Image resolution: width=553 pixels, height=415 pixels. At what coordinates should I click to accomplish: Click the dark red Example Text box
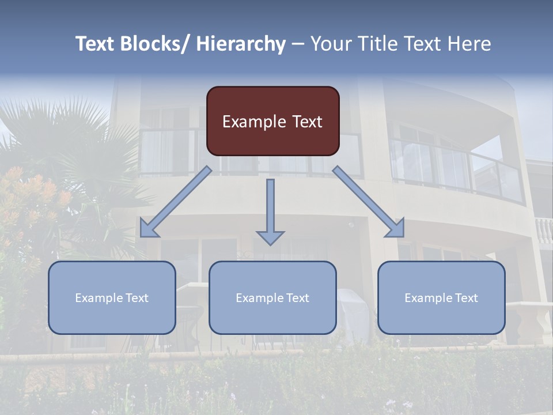pos(272,121)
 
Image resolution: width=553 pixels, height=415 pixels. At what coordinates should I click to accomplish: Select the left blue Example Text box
pos(112,297)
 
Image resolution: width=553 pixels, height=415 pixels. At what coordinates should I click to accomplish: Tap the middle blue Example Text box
pos(272,297)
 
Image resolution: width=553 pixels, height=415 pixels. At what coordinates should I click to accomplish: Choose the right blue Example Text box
pos(441,297)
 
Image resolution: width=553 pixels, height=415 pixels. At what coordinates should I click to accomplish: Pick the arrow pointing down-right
pos(369,202)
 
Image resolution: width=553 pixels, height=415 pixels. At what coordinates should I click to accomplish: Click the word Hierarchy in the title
pos(241,44)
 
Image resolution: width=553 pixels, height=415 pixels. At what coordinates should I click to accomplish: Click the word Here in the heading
pos(468,44)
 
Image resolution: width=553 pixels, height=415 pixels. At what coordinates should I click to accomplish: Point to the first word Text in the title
pos(96,44)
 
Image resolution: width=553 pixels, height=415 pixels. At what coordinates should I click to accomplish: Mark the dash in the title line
pos(298,44)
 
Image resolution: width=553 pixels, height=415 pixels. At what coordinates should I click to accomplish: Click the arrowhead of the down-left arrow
pos(148,229)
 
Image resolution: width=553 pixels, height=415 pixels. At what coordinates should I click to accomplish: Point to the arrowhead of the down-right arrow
pos(396,229)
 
